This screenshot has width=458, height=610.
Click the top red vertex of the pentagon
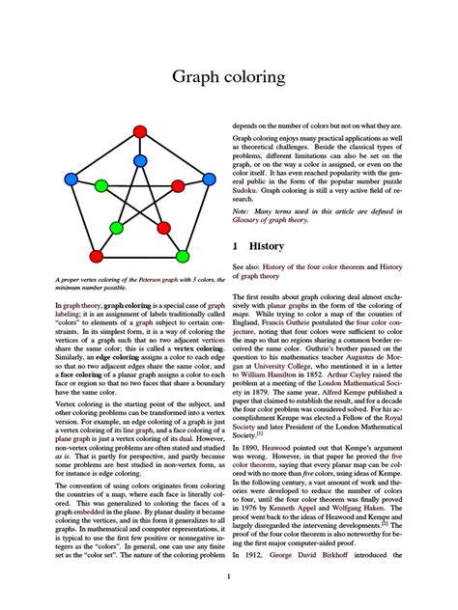(x=139, y=131)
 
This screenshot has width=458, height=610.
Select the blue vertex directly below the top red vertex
(x=139, y=161)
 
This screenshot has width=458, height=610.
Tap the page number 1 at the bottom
(x=228, y=577)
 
